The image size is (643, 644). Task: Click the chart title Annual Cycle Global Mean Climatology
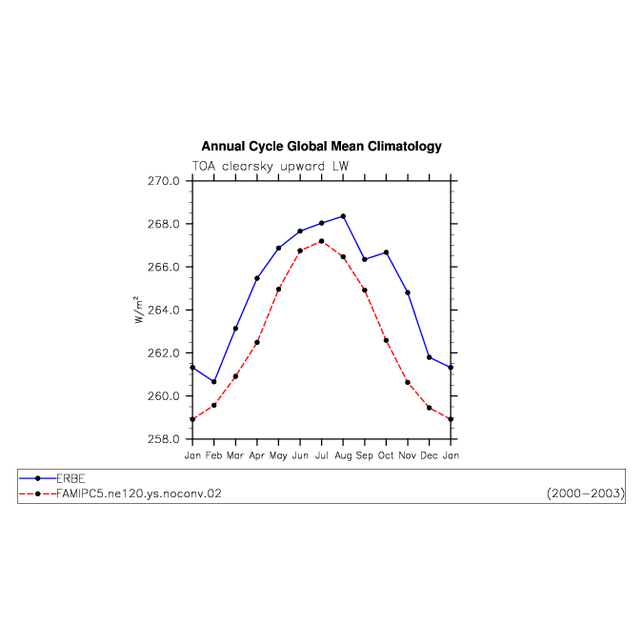click(321, 146)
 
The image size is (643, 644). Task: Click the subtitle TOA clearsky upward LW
click(271, 167)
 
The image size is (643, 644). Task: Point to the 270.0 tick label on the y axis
click(164, 181)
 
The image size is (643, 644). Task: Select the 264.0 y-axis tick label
click(164, 310)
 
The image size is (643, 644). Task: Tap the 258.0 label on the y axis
click(164, 439)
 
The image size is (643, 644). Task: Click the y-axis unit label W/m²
click(139, 310)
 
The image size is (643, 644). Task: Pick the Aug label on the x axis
click(343, 455)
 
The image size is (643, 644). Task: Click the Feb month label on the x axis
click(214, 455)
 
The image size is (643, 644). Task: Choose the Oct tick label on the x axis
click(386, 455)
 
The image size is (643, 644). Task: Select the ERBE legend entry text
click(70, 478)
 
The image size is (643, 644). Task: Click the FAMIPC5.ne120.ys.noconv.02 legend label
click(139, 493)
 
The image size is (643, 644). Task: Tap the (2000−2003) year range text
click(586, 493)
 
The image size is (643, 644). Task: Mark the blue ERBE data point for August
click(343, 216)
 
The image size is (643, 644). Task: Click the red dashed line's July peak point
click(322, 241)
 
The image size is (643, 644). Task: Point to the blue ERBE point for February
click(214, 382)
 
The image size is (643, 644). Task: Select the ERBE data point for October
click(386, 252)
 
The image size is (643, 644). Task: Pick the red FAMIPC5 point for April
click(257, 342)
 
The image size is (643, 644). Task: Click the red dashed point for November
click(408, 382)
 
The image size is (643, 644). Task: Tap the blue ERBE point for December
click(429, 357)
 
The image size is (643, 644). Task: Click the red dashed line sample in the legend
click(37, 493)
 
